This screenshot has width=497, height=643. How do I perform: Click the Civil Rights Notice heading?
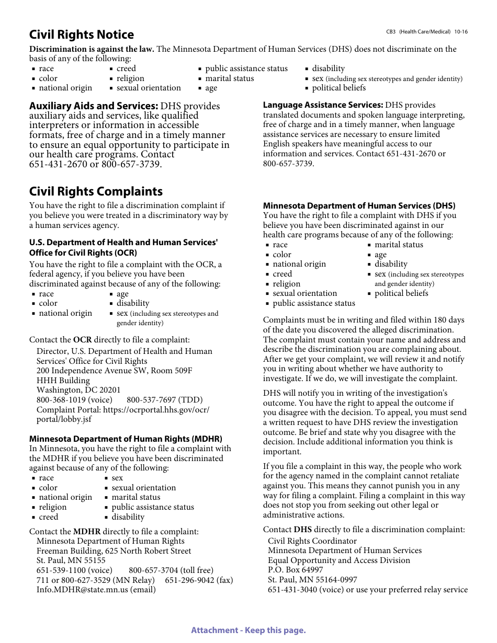coord(82,35)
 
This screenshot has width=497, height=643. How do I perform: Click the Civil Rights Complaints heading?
coord(96,191)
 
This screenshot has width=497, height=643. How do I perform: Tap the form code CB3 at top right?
coord(391,32)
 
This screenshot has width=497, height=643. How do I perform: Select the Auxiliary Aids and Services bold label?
coord(94,106)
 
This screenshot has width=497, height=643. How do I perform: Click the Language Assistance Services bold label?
coord(323,105)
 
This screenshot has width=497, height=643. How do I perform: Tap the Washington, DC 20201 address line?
coord(78,390)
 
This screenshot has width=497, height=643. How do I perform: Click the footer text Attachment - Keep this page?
coord(248,630)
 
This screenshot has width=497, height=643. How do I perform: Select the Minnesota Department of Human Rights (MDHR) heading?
coord(126,439)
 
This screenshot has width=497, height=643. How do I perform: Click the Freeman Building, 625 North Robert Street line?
coord(114,551)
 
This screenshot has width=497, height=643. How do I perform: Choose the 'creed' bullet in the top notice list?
coord(126,68)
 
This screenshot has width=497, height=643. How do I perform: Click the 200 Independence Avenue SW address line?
coord(114,371)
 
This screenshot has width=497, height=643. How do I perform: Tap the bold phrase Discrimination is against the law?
coord(92,49)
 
